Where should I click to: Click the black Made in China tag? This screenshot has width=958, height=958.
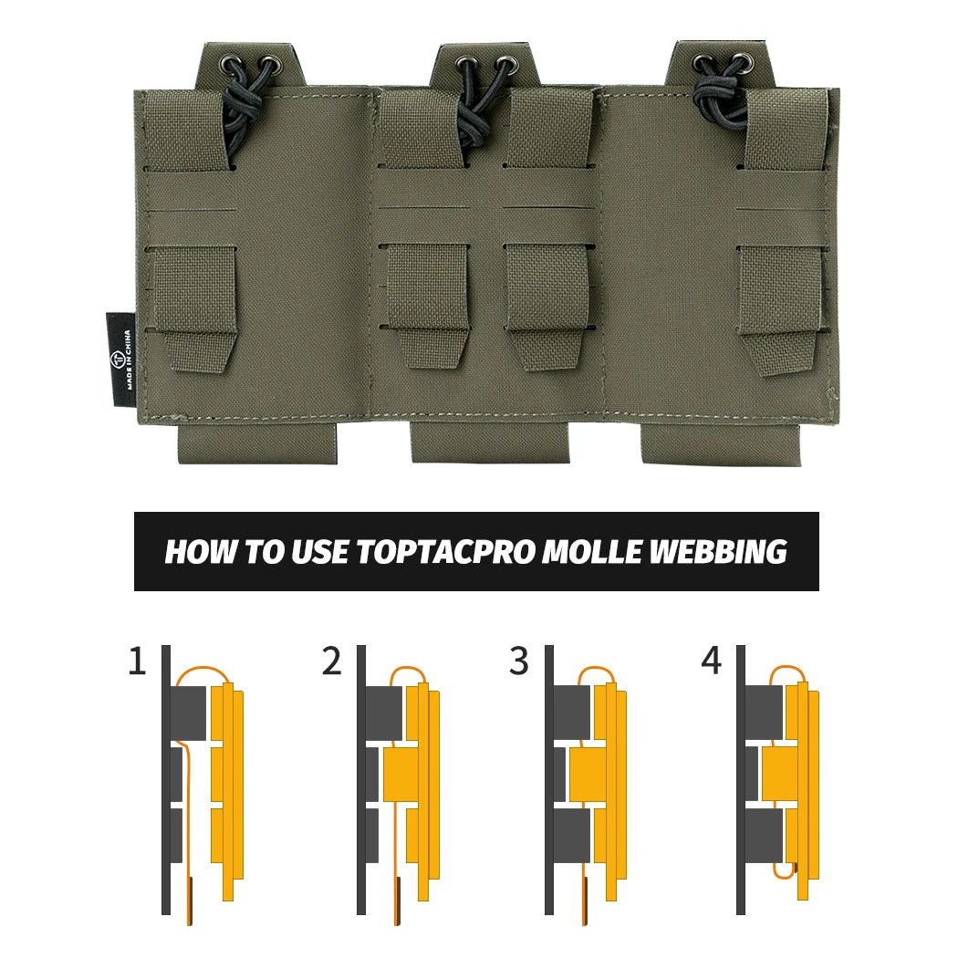tap(120, 359)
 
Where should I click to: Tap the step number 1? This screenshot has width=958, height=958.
tap(138, 661)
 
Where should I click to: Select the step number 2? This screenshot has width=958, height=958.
tap(332, 661)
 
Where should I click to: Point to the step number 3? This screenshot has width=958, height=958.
tap(519, 661)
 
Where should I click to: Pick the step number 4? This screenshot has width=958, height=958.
tap(711, 661)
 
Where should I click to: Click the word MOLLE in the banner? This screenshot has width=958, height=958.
tap(591, 551)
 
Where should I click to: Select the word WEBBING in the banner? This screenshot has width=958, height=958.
tap(717, 551)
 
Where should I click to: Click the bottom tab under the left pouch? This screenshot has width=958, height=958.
tap(257, 442)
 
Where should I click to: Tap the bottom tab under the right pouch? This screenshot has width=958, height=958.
tap(721, 443)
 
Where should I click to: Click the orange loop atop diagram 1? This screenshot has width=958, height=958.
tap(202, 667)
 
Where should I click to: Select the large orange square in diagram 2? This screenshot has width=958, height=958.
tap(401, 774)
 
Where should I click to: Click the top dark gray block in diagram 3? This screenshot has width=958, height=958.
tap(572, 713)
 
